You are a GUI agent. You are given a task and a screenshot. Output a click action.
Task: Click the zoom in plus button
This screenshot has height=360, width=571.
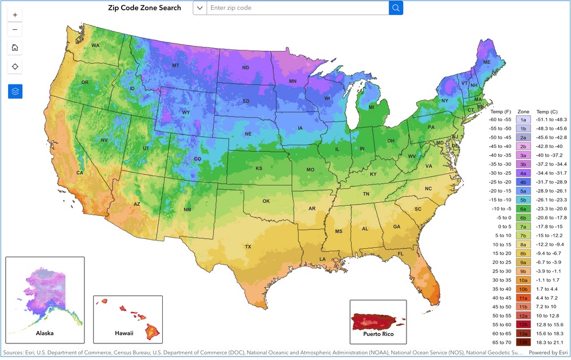pyautogui.click(x=15, y=14)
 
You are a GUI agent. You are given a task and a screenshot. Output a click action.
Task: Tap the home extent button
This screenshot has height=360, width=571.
pyautogui.click(x=15, y=47)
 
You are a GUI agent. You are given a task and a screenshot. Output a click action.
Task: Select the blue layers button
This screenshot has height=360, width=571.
pyautogui.click(x=15, y=90)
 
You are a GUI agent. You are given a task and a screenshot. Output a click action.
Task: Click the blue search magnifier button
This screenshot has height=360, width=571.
pyautogui.click(x=396, y=8)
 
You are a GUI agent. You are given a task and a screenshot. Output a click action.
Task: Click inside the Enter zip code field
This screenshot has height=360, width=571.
pyautogui.click(x=297, y=8)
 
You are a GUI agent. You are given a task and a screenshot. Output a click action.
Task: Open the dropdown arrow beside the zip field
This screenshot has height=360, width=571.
pyautogui.click(x=199, y=8)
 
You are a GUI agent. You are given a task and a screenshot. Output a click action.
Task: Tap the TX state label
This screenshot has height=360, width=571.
pyautogui.click(x=248, y=247)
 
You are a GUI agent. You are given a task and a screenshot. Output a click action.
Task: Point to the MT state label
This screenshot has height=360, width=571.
pyautogui.click(x=176, y=66)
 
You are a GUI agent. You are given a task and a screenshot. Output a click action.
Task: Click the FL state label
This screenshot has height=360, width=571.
pyautogui.click(x=400, y=254)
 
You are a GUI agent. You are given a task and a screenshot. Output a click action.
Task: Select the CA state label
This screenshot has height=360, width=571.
pyautogui.click(x=80, y=173)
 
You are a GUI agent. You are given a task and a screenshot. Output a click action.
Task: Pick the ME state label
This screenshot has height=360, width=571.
pyautogui.click(x=486, y=62)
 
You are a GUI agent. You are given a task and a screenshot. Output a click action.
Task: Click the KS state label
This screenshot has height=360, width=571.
pyautogui.click(x=259, y=169)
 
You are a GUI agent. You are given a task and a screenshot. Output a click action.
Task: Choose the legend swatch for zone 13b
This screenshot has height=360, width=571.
pyautogui.click(x=523, y=342)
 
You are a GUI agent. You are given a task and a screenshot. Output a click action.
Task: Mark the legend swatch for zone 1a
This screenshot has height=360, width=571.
pyautogui.click(x=523, y=119)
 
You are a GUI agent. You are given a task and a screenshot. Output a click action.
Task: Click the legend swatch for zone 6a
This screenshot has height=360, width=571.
pyautogui.click(x=523, y=209)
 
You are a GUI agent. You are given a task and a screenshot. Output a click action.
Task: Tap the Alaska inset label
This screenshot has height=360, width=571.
pyautogui.click(x=45, y=333)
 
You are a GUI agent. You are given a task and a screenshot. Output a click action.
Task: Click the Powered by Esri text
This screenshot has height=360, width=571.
pyautogui.click(x=548, y=353)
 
